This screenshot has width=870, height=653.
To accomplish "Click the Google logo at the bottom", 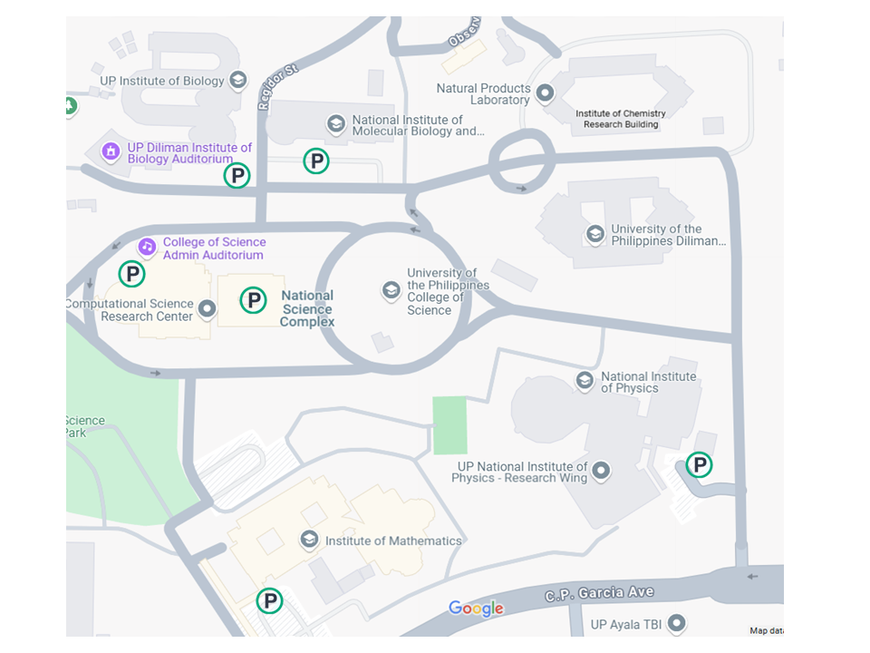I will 476,609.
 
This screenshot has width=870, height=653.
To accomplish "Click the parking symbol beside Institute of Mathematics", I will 269,600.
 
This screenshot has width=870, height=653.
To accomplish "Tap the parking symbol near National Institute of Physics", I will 699,465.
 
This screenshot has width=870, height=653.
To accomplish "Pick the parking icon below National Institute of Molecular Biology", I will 315,161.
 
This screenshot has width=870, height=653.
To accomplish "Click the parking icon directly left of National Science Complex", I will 253,300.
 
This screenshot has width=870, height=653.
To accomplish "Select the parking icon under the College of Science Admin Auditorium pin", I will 132,273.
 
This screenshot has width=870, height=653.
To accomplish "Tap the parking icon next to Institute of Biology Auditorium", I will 237,176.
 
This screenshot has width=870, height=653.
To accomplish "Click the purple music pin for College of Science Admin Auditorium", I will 147,247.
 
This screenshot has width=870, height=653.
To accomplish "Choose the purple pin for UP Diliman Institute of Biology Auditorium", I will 111,151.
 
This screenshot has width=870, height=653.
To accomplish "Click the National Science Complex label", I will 306,308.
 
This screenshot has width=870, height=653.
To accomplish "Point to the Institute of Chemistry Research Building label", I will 621,119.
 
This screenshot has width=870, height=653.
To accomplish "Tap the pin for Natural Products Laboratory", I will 546,93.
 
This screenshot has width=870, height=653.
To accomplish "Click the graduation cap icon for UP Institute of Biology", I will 238,81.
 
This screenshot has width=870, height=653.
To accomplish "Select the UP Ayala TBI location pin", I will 676,624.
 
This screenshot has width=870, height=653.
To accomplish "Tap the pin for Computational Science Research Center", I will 208,309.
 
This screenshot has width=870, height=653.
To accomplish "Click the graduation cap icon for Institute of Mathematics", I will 309,541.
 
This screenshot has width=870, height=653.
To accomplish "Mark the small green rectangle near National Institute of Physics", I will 450,425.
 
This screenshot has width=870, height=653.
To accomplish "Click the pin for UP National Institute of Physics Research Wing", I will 600,471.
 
